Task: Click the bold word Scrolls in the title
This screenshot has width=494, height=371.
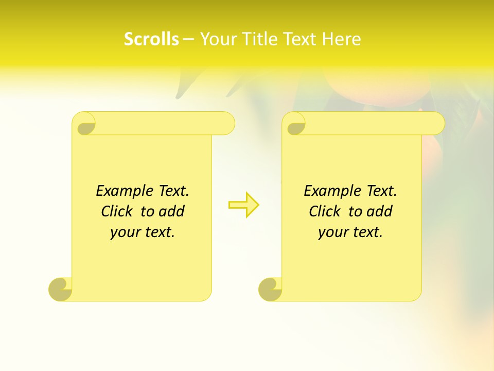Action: pyautogui.click(x=151, y=39)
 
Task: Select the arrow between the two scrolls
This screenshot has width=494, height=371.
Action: pyautogui.click(x=243, y=205)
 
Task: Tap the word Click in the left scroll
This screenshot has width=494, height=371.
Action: pyautogui.click(x=118, y=211)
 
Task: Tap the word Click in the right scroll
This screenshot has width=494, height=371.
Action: pyautogui.click(x=326, y=211)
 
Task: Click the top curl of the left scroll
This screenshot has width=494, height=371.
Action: pyautogui.click(x=85, y=124)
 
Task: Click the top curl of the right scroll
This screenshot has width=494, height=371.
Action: pyautogui.click(x=295, y=124)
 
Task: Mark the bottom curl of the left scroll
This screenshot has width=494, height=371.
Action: pyautogui.click(x=61, y=289)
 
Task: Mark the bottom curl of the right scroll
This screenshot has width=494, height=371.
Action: pyautogui.click(x=270, y=289)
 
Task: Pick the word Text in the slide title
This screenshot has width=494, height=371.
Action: pyautogui.click(x=298, y=39)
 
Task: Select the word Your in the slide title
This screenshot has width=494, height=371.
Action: pyautogui.click(x=217, y=39)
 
